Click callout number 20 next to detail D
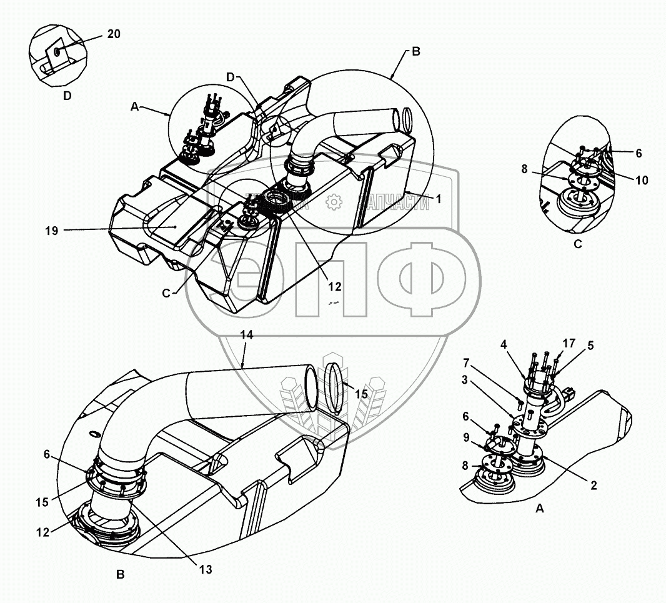pyautogui.click(x=113, y=34)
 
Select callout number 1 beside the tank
pyautogui.click(x=439, y=199)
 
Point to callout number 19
pyautogui.click(x=51, y=231)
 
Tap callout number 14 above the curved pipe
pyautogui.click(x=247, y=336)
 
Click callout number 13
pyautogui.click(x=206, y=569)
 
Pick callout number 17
pyautogui.click(x=569, y=343)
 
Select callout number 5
pyautogui.click(x=590, y=345)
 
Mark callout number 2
pyautogui.click(x=594, y=485)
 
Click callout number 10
pyautogui.click(x=641, y=181)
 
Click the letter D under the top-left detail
pyautogui.click(x=67, y=96)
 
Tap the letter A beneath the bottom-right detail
pyautogui.click(x=540, y=509)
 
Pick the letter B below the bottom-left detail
pyautogui.click(x=121, y=575)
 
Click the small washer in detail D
pyautogui.click(x=57, y=51)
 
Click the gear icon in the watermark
pyautogui.click(x=335, y=201)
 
